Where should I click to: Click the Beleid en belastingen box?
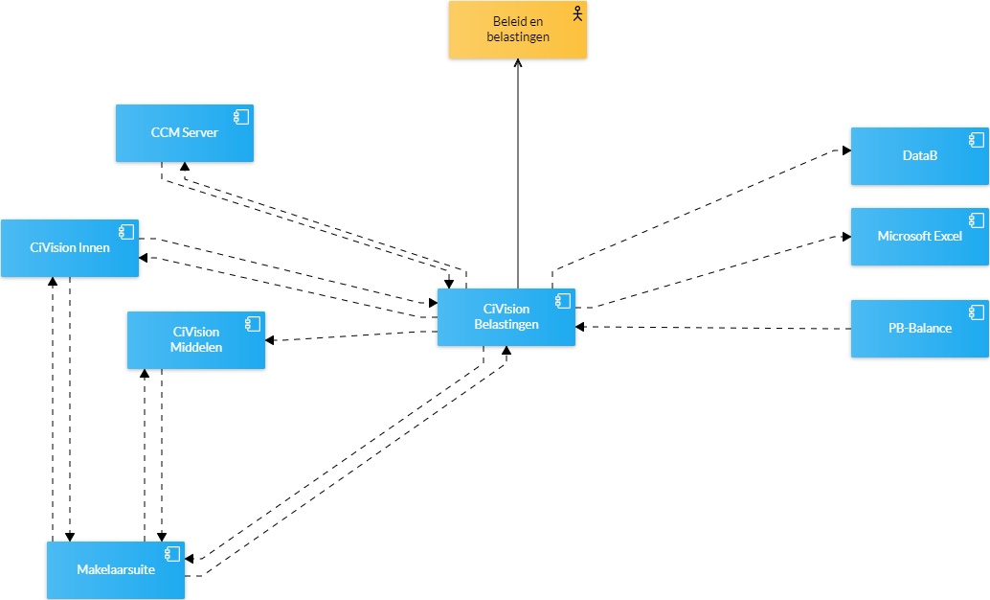click(x=518, y=30)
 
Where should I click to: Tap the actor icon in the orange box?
click(x=577, y=13)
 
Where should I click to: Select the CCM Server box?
click(x=185, y=133)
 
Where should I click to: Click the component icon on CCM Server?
click(x=241, y=116)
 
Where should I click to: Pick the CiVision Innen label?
click(x=70, y=248)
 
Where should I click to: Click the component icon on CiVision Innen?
click(x=126, y=231)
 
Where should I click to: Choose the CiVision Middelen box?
click(x=196, y=340)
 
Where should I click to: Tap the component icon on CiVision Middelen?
click(x=253, y=324)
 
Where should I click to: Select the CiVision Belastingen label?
click(x=506, y=316)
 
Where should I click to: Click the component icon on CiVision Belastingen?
click(x=563, y=301)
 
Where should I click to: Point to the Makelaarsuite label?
click(x=116, y=569)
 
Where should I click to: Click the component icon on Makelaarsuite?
click(x=172, y=554)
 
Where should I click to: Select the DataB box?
click(x=920, y=156)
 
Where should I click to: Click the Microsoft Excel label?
click(x=920, y=236)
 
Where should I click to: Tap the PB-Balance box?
click(x=920, y=329)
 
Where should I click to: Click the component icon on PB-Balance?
click(x=977, y=312)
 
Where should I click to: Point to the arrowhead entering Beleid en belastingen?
click(x=518, y=63)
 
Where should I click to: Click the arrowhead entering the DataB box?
click(x=846, y=150)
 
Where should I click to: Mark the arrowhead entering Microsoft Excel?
click(x=846, y=237)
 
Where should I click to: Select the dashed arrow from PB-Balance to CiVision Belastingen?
click(x=713, y=328)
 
